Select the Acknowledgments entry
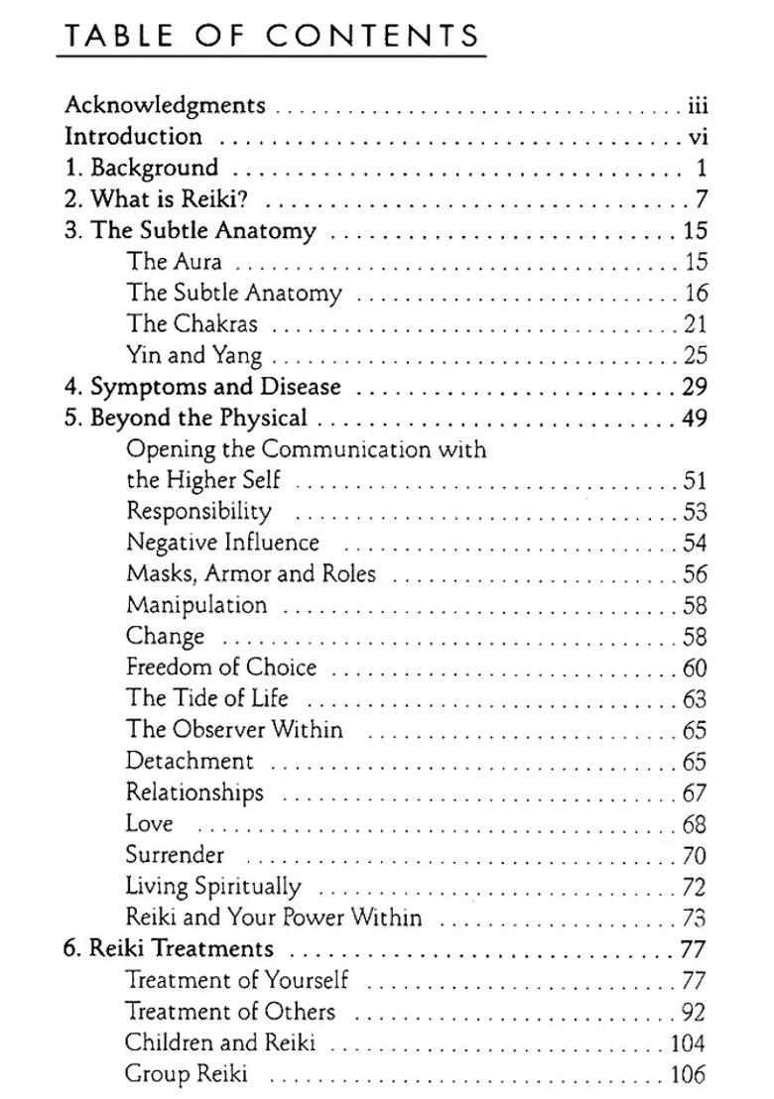pos(165,105)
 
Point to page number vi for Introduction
pos(697,137)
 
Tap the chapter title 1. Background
pos(141,168)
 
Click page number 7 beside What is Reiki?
pos(702,199)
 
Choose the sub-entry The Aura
pos(174,262)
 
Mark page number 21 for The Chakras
pos(695,324)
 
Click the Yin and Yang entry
pos(193,355)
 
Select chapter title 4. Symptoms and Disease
pos(202,387)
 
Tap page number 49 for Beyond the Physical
pos(695,418)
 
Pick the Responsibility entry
pos(198,512)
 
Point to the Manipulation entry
pos(196,605)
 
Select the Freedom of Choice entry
pos(221,668)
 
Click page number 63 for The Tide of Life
pos(695,699)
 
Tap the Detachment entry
pos(190,762)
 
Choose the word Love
pos(150,824)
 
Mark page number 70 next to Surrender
pos(695,856)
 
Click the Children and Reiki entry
pos(219,1043)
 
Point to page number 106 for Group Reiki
pos(688,1075)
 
